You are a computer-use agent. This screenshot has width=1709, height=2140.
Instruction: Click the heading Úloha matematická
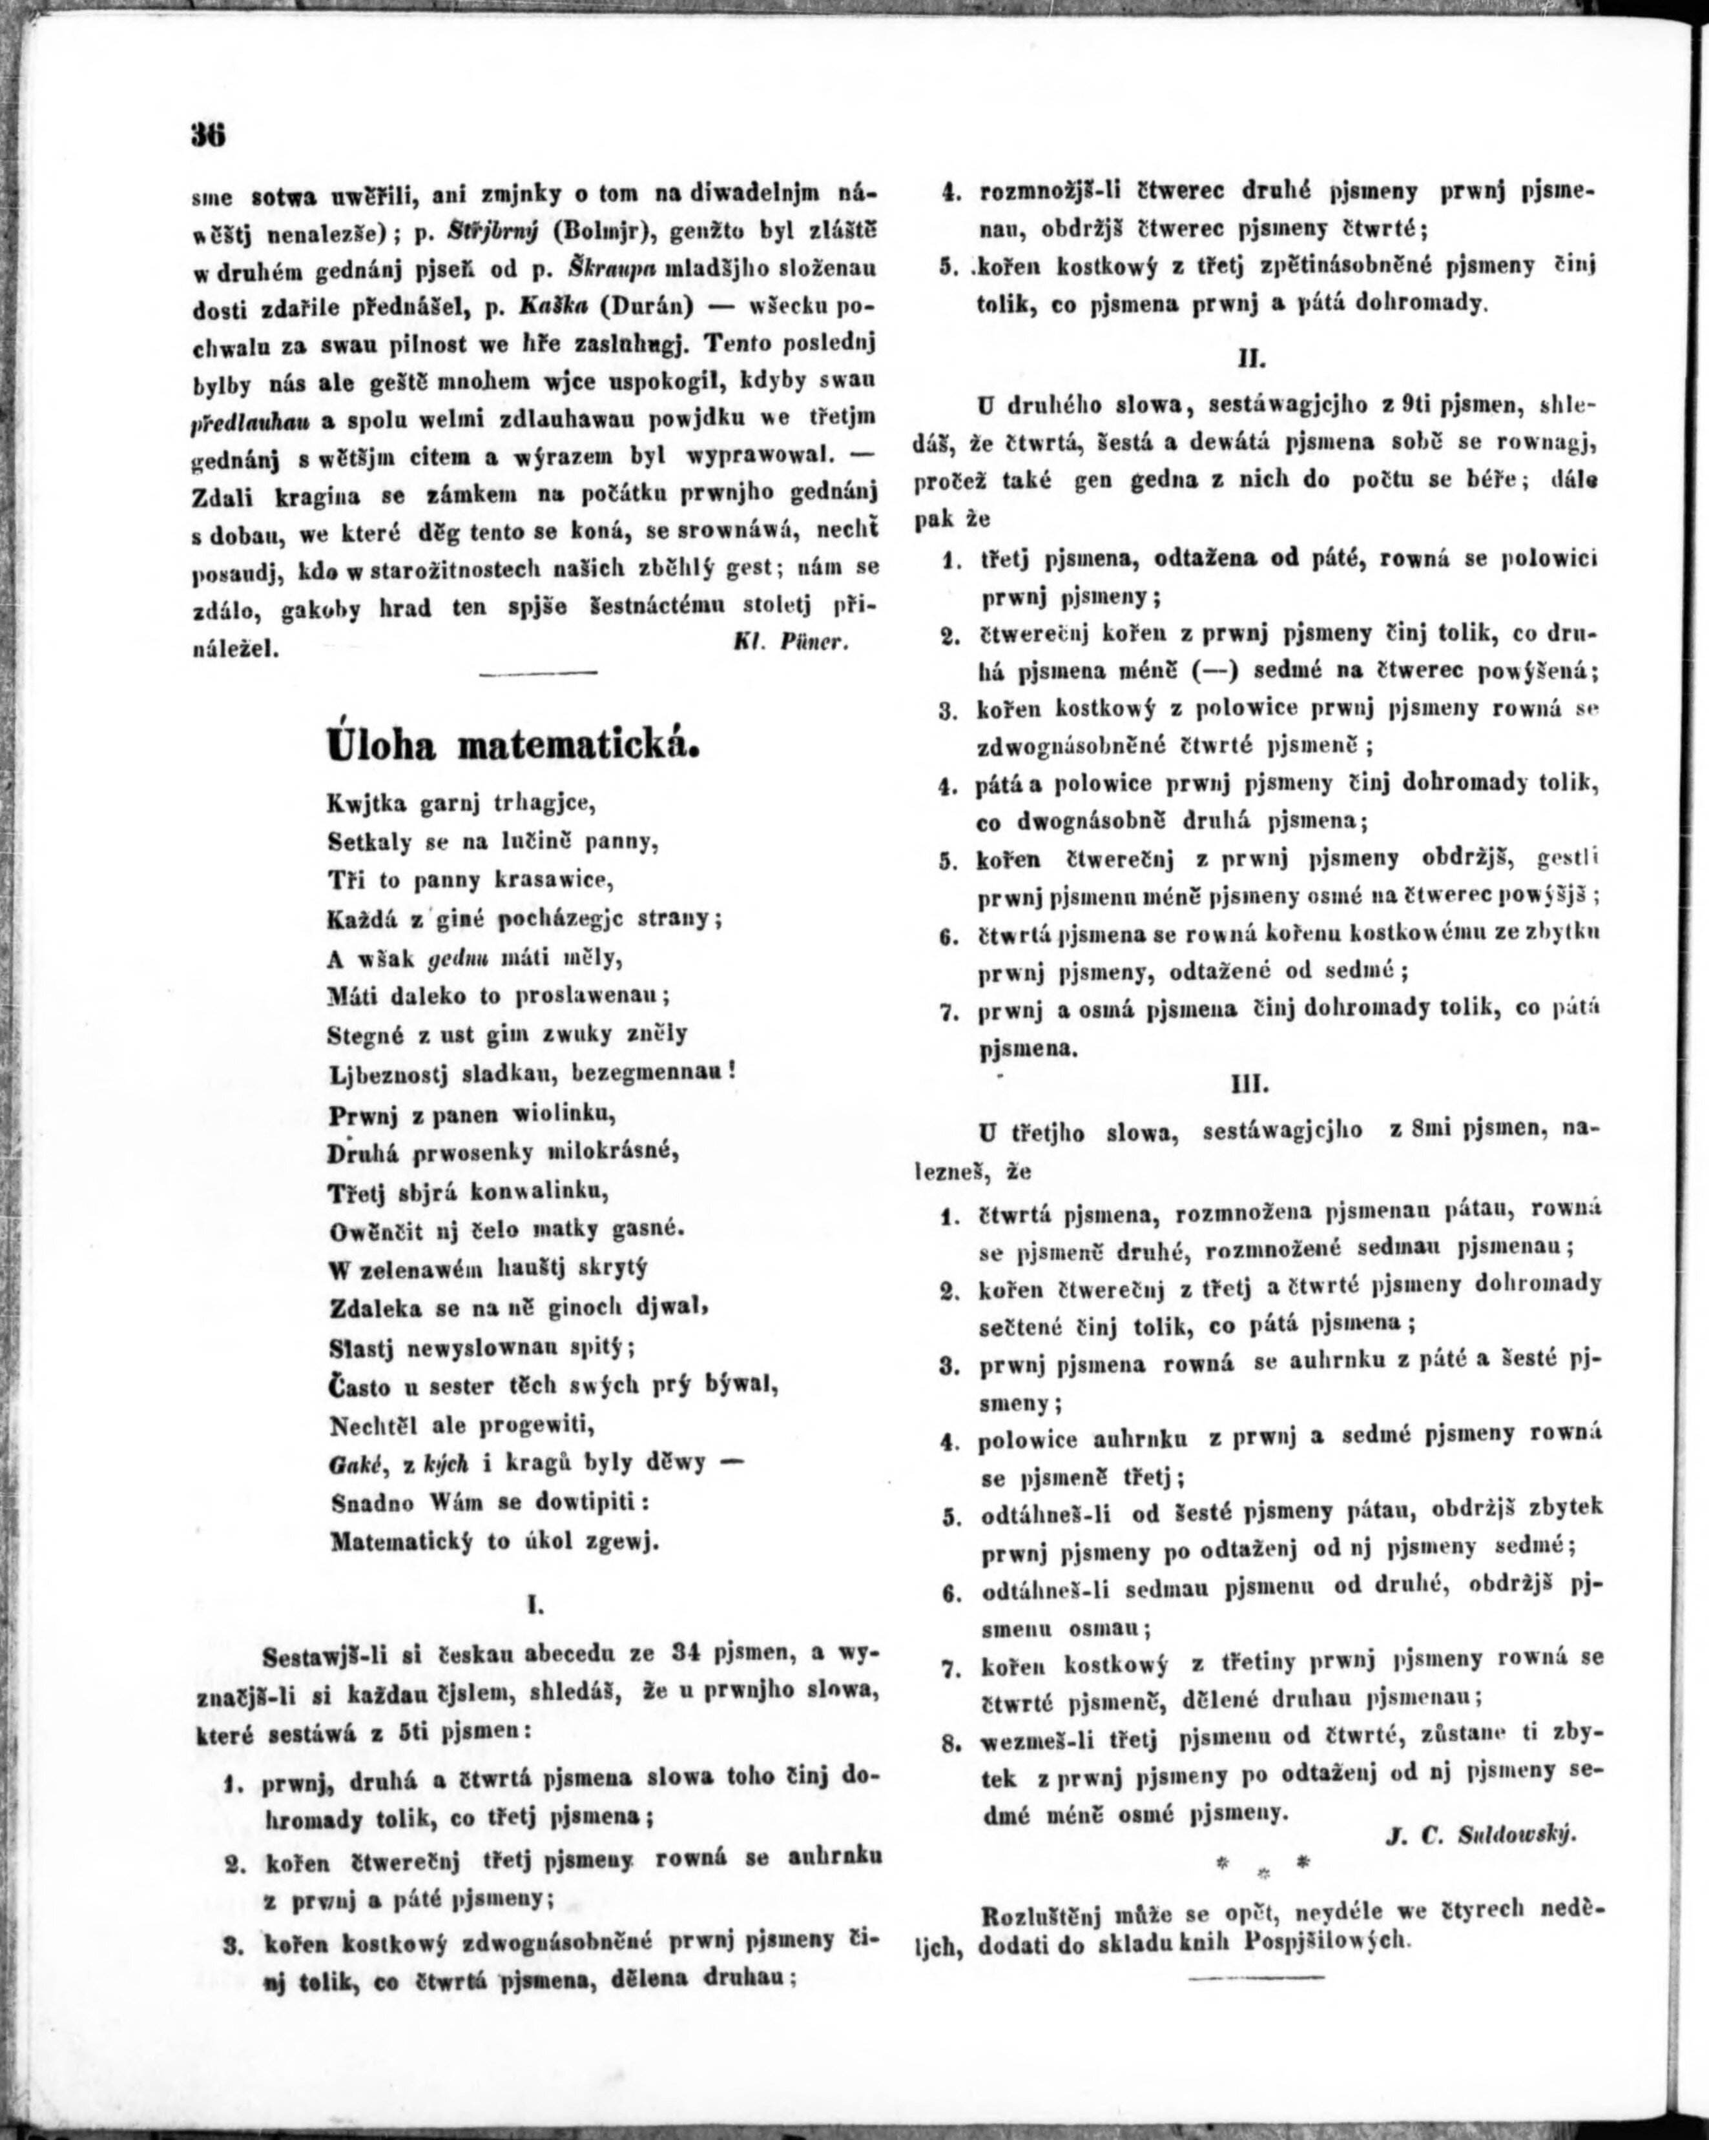point(513,744)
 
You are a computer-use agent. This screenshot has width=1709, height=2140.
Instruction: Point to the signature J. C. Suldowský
point(1480,1837)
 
